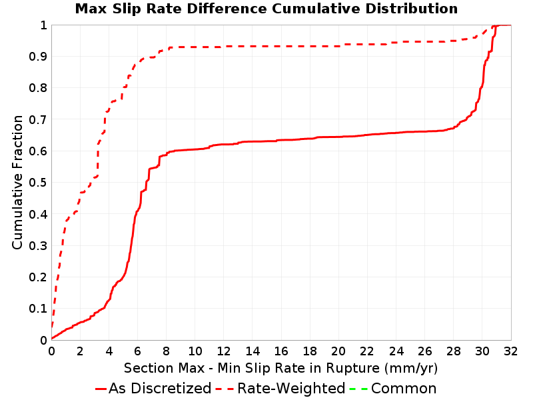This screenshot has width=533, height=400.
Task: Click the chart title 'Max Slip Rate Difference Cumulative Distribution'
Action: [266, 9]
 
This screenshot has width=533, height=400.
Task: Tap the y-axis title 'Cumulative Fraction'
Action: [17, 182]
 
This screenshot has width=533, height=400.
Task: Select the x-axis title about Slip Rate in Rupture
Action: [280, 369]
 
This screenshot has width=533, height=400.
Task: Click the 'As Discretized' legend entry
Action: [160, 389]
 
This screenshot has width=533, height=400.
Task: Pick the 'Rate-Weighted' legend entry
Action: [291, 389]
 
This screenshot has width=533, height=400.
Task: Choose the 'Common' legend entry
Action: [404, 389]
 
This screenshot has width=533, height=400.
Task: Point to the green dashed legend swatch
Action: [359, 389]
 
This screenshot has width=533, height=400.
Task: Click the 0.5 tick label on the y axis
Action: [38, 183]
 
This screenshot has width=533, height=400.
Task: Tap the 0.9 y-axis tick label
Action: [38, 57]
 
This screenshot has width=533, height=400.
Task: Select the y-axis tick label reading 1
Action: [43, 25]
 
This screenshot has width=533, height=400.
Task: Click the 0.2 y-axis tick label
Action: [38, 277]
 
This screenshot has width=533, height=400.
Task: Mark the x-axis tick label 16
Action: [281, 351]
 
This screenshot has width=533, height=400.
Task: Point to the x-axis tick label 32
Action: [510, 351]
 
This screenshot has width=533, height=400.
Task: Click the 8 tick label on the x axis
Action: [166, 351]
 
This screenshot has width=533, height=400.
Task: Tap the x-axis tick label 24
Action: [396, 351]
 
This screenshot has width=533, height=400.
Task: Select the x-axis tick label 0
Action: [52, 351]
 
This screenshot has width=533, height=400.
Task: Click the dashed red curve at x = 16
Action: [281, 46]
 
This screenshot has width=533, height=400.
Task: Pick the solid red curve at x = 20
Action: [338, 137]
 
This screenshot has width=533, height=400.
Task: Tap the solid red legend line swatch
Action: [101, 389]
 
